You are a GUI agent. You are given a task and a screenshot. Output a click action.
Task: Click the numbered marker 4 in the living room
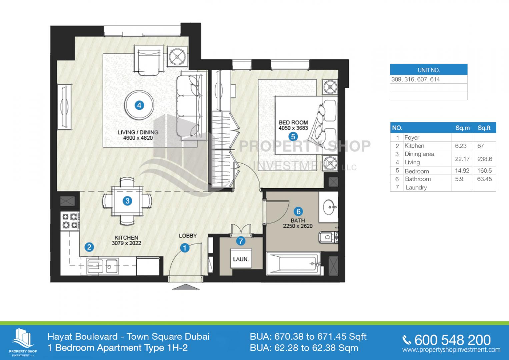[139, 105]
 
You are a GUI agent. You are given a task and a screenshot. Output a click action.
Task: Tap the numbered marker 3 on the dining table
[127, 201]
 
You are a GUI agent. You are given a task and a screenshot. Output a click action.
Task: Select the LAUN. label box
[241, 259]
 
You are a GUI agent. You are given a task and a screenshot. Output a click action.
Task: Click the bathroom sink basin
[329, 207]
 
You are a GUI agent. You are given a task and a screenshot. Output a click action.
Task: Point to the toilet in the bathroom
[328, 237]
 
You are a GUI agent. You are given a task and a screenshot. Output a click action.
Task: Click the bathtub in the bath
[294, 264]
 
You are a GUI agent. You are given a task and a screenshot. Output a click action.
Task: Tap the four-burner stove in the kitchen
[70, 220]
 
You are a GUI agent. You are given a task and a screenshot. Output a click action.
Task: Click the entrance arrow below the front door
[186, 287]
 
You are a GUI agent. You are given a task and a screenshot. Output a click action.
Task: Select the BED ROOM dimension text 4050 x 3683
[293, 128]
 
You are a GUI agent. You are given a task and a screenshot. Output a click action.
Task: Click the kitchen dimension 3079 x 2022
[126, 243]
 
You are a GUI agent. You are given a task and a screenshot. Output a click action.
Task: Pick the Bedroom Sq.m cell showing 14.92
[462, 171]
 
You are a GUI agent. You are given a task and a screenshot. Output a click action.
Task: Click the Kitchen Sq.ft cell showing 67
[480, 146]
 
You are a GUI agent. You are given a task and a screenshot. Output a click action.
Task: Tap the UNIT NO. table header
[429, 70]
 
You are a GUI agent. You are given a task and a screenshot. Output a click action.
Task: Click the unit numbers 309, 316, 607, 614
[416, 79]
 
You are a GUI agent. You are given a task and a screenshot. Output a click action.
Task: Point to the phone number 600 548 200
[452, 340]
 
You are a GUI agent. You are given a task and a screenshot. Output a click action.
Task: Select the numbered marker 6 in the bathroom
[298, 212]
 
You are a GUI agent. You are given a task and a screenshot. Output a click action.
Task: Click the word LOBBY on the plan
[188, 236]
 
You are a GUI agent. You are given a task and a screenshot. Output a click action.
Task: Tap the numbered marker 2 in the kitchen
[89, 247]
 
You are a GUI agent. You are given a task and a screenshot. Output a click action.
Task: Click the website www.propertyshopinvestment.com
[451, 350]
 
